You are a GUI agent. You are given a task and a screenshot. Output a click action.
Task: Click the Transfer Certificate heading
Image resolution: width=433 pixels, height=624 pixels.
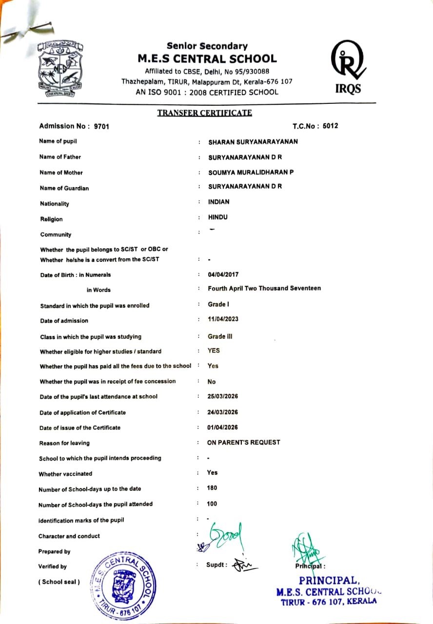click(x=204, y=113)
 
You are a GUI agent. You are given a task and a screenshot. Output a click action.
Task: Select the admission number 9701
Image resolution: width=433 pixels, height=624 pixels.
click(x=101, y=127)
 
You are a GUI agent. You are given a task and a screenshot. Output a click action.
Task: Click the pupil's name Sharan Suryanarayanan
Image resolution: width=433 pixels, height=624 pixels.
click(x=253, y=142)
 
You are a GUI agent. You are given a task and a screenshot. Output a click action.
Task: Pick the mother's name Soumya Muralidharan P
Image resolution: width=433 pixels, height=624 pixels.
click(x=251, y=172)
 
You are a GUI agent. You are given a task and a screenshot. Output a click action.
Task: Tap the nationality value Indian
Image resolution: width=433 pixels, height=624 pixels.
click(x=218, y=202)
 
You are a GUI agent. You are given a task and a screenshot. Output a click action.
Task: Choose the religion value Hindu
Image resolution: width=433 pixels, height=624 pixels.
click(x=217, y=217)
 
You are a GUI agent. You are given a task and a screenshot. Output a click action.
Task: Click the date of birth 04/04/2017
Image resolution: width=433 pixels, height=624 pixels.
click(x=223, y=274)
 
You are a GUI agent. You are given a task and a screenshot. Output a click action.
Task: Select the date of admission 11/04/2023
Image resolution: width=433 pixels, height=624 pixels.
click(x=223, y=319)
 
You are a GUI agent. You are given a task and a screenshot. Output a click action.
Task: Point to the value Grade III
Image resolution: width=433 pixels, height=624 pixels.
click(x=216, y=336)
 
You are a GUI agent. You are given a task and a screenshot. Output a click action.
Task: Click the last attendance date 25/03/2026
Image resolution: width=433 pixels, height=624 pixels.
click(x=222, y=396)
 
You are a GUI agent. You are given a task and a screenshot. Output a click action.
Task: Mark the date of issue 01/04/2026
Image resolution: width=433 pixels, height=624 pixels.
click(x=222, y=428)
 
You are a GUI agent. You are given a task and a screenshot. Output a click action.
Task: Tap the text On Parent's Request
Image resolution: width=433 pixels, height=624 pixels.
click(x=244, y=442)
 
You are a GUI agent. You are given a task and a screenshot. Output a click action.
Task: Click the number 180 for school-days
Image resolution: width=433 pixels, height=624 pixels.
click(x=212, y=488)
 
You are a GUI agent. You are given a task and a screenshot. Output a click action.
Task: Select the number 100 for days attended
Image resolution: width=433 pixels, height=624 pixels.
click(x=212, y=504)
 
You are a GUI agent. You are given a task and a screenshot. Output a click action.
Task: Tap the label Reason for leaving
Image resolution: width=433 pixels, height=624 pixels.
click(x=64, y=443)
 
